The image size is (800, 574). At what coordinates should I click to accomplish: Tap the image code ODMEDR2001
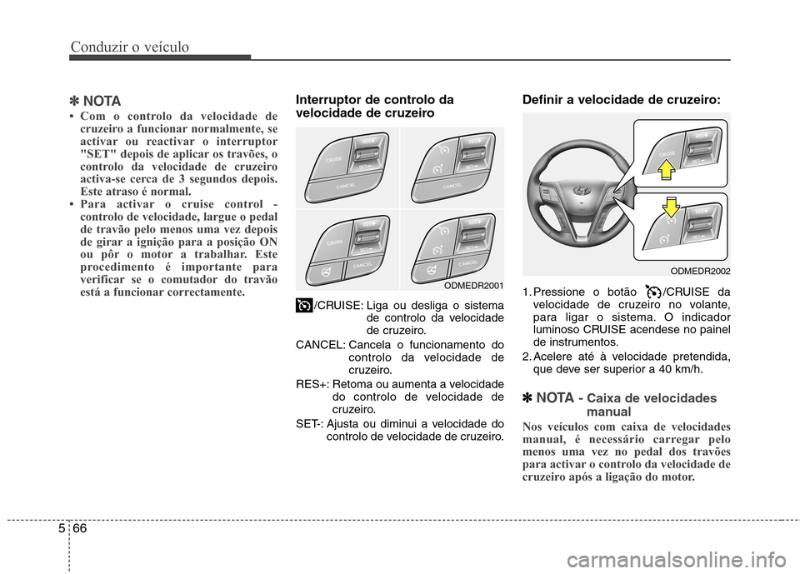point(472,285)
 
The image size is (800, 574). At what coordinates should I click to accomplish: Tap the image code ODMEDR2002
point(700,271)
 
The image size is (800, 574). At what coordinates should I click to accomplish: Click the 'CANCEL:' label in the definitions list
point(320,345)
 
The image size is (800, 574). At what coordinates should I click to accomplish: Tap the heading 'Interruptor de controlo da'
point(375,99)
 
